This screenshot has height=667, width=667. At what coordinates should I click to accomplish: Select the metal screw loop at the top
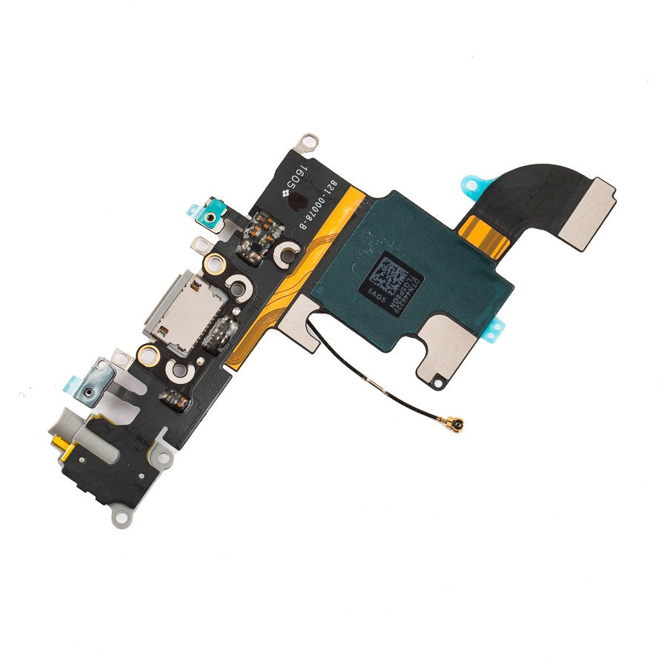coord(303,140)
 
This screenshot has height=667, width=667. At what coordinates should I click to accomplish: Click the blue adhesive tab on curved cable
coord(475,182)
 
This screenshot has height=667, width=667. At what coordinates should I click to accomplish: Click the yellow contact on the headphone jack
coord(56,443)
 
